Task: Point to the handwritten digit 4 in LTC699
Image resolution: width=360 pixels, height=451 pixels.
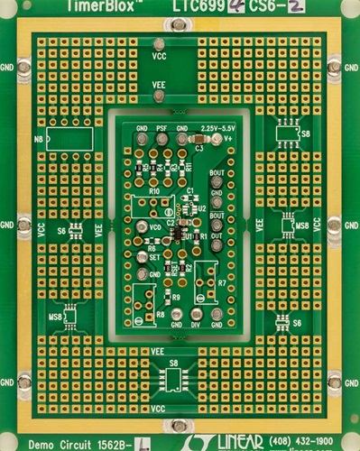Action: pyautogui.click(x=216, y=5)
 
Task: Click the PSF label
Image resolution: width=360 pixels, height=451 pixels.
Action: pyautogui.click(x=162, y=128)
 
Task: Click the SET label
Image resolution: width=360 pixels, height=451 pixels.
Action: pyautogui.click(x=154, y=256)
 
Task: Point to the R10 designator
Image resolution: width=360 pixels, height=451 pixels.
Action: pyautogui.click(x=154, y=191)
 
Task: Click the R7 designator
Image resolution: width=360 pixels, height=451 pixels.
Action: pyautogui.click(x=222, y=283)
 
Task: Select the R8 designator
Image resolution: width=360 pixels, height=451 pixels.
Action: pyautogui.click(x=160, y=314)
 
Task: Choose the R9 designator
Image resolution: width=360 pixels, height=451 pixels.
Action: pyautogui.click(x=175, y=297)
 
